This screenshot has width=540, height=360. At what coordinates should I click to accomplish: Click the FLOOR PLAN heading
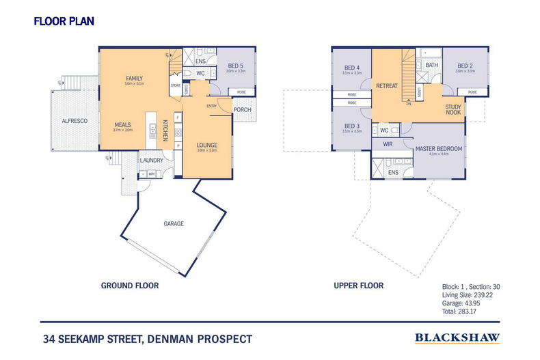64,21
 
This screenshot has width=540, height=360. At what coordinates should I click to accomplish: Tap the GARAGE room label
174,223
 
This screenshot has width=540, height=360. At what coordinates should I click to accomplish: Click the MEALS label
123,125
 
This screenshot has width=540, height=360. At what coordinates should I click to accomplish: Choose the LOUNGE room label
206,145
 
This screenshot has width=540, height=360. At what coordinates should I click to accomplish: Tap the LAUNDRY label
152,161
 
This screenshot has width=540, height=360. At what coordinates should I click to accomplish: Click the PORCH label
242,109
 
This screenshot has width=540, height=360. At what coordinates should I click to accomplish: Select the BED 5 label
236,66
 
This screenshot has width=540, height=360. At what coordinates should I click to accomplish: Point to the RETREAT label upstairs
387,87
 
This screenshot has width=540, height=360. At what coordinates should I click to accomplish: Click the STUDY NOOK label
453,110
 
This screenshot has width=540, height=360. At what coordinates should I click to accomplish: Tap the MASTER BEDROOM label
440,148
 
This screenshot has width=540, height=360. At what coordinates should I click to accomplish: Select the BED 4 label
352,68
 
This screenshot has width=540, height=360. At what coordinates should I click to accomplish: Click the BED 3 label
352,126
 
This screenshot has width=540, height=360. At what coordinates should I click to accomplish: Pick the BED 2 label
465,66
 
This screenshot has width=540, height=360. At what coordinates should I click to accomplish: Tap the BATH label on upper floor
432,66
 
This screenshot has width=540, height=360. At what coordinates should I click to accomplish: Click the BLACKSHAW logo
457,337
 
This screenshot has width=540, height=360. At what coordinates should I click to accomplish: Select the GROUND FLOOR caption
130,286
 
